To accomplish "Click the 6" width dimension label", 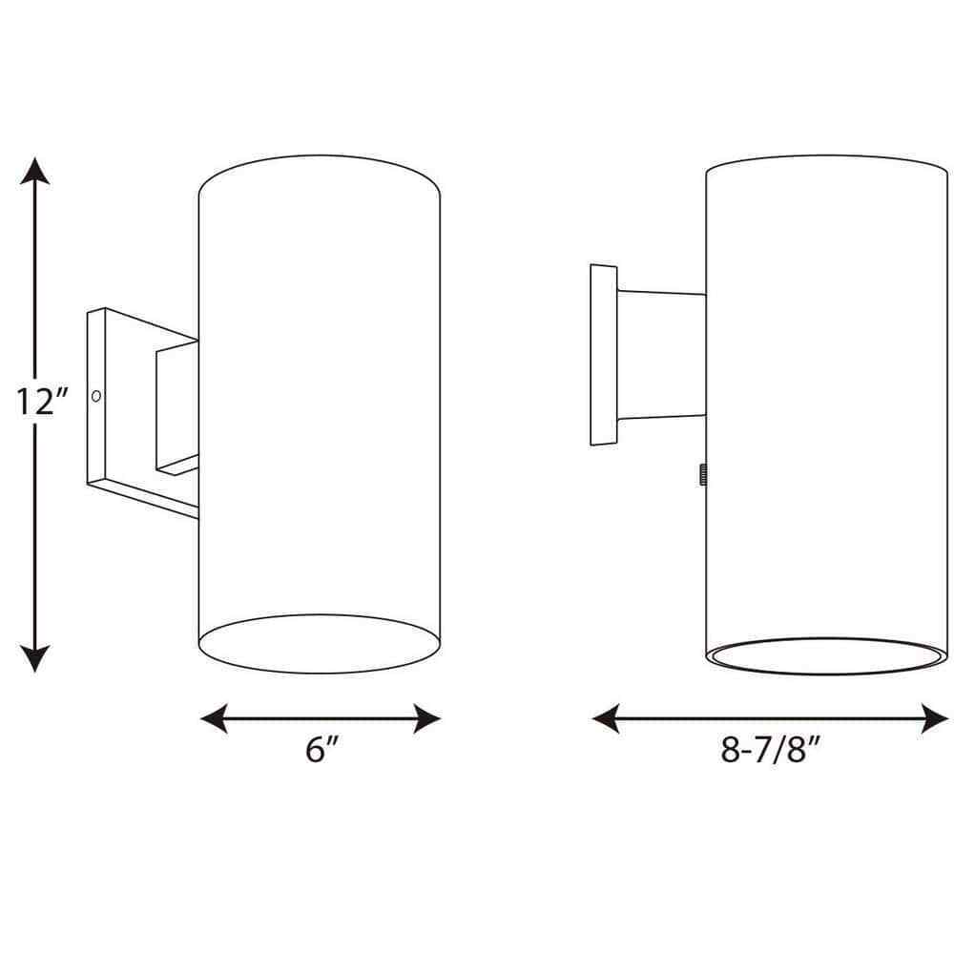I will (x=322, y=750).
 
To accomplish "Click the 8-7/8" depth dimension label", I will (x=771, y=750).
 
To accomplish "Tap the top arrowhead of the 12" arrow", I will (x=36, y=172).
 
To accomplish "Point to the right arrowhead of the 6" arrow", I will (x=428, y=717).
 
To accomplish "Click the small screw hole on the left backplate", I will (x=95, y=393).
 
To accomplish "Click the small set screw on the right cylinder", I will (x=702, y=473).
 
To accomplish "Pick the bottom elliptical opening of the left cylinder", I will (x=320, y=643).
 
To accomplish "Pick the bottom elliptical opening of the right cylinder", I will (x=826, y=658).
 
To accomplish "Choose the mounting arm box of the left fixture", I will (x=176, y=410).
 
